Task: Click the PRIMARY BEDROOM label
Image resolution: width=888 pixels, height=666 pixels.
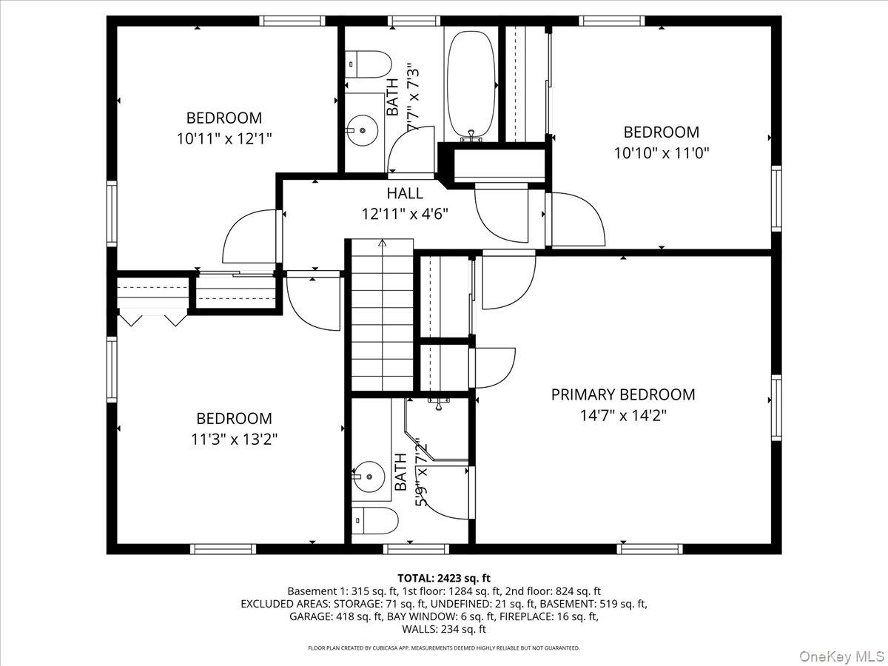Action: click(x=623, y=394)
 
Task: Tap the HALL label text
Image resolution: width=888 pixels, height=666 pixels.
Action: click(x=405, y=193)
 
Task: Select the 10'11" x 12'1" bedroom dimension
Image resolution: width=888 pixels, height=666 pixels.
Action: click(x=224, y=138)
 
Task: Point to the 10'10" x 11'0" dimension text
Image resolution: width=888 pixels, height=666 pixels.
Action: click(x=662, y=153)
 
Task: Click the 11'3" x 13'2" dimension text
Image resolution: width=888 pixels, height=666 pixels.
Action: click(x=235, y=439)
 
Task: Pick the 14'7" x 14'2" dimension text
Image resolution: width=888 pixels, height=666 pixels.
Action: click(x=623, y=415)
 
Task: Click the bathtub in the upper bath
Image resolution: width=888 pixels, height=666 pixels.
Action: click(x=471, y=87)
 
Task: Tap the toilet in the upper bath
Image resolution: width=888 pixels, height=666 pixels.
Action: click(x=368, y=64)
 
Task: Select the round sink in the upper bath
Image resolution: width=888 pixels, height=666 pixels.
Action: click(x=363, y=130)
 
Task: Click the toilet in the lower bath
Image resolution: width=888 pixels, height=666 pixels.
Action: click(x=374, y=521)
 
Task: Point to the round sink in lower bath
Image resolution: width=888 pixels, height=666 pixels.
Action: click(x=368, y=477)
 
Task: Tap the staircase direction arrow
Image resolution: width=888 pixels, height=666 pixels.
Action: click(x=383, y=243)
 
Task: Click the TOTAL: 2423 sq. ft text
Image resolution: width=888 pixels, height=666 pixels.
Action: click(x=444, y=578)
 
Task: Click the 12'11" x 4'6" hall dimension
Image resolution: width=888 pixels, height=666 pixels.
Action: click(x=405, y=214)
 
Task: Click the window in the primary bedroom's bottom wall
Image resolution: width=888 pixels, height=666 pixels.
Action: click(x=650, y=549)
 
